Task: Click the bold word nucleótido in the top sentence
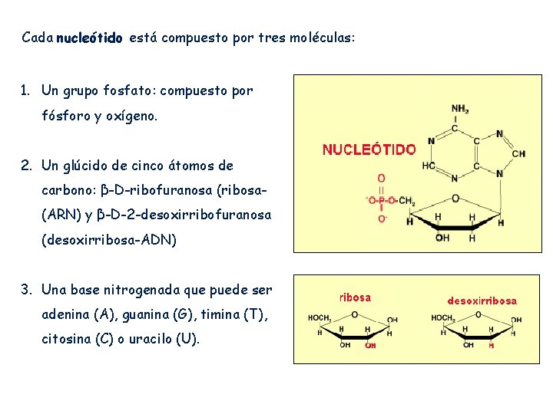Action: tap(90, 38)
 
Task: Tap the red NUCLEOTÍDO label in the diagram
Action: tap(369, 150)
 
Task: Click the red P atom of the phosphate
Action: tap(382, 200)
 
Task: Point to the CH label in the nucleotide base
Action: tap(518, 153)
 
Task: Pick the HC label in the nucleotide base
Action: tap(429, 166)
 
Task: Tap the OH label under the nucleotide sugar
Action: tap(443, 238)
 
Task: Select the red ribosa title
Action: tap(355, 297)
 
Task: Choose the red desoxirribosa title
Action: tap(482, 301)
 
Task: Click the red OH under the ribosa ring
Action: tap(370, 345)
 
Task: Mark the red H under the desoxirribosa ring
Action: tap(492, 345)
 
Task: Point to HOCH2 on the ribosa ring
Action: tap(319, 318)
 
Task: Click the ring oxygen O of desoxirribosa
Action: tap(478, 314)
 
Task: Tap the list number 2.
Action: tap(26, 166)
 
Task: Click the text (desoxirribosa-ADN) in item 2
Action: tap(108, 240)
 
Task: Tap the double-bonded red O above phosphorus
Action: tap(382, 178)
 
